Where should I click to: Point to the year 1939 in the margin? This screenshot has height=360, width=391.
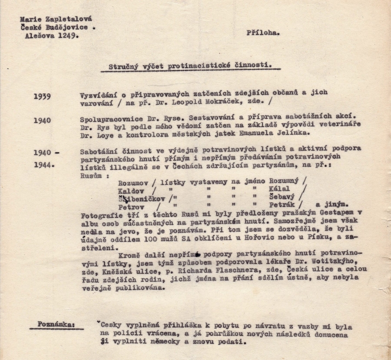tap(42, 97)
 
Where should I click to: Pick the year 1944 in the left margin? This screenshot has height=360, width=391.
tap(44, 164)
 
